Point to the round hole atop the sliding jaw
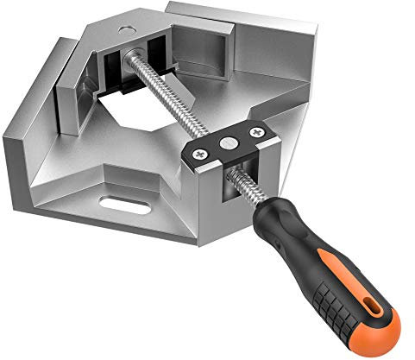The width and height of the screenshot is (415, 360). [127, 29]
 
